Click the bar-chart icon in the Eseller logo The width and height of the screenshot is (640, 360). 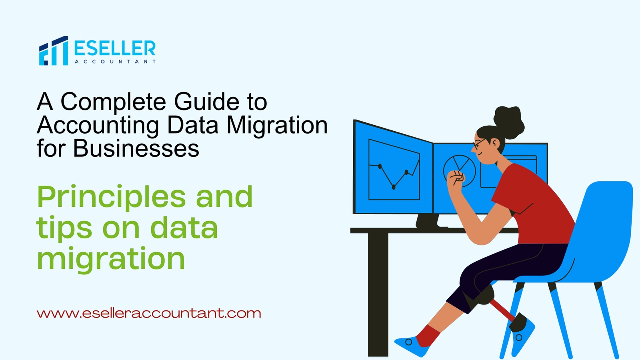pyautogui.click(x=54, y=50)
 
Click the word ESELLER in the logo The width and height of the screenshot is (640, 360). pyautogui.click(x=115, y=48)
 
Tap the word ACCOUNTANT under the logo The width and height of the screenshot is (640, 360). pyautogui.click(x=115, y=62)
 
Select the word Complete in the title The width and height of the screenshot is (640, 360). pyautogui.click(x=113, y=102)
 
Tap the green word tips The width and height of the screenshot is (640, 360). pyautogui.click(x=64, y=228)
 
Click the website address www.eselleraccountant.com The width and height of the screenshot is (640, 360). pyautogui.click(x=149, y=313)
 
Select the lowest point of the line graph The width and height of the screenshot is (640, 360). pyautogui.click(x=394, y=187)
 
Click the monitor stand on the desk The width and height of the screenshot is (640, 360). pyautogui.click(x=428, y=220)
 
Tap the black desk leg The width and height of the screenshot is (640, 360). pyautogui.click(x=378, y=294)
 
